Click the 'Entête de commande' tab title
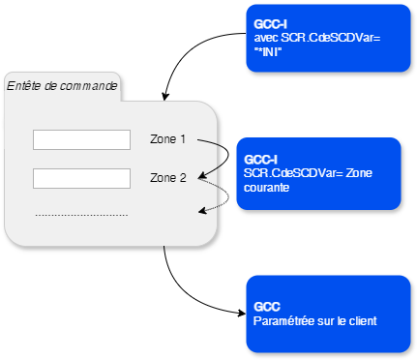tap(62, 86)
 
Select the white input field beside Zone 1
tap(81, 140)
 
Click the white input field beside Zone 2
tap(81, 178)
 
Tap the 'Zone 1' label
tap(167, 139)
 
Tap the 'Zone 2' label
tap(167, 178)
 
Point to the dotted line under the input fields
tap(81, 214)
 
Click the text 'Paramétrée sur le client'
tap(314, 320)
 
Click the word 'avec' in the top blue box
tap(259, 37)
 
